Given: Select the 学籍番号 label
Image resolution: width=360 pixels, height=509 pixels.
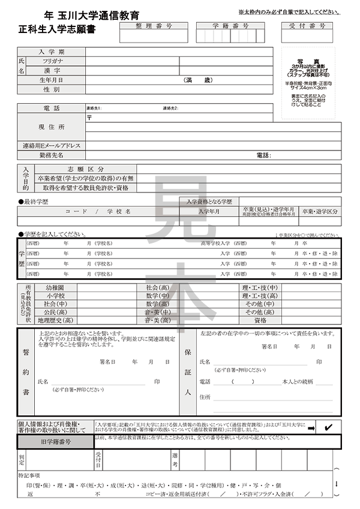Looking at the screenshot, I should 230,26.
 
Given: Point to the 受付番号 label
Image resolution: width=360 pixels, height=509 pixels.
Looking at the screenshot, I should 307,26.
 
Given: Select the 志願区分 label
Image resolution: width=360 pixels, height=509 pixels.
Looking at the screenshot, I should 86,169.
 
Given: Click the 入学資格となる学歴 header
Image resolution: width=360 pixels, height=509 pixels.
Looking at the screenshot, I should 213,201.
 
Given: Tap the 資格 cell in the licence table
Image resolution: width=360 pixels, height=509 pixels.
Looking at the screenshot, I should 260,321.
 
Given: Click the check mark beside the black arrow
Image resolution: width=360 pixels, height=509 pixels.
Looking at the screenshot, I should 328,427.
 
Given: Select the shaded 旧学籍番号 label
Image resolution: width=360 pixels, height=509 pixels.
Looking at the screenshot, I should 56,441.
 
